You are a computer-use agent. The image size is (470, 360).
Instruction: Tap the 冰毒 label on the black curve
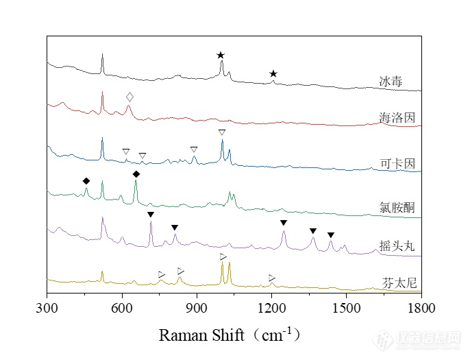tap(391, 82)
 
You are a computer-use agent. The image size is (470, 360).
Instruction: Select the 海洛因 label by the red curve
tap(397, 119)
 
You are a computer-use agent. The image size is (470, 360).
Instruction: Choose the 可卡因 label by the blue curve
tap(397, 164)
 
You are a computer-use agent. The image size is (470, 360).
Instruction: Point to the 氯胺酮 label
tap(397, 206)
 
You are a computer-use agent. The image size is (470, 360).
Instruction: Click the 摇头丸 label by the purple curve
tap(397, 245)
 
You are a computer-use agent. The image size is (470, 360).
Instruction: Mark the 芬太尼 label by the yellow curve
tap(397, 282)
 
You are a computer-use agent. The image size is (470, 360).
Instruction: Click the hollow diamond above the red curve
tap(129, 97)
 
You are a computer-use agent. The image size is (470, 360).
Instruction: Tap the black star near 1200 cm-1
tap(273, 73)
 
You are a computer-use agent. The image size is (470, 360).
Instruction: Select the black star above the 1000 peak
tap(221, 55)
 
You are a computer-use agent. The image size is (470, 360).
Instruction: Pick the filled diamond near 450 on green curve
tap(86, 181)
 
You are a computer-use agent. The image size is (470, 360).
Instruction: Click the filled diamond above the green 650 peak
tap(136, 174)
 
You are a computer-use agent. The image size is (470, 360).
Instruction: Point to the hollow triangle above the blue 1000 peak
tap(222, 132)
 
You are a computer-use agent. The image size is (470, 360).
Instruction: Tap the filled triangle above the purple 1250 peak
tap(284, 223)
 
